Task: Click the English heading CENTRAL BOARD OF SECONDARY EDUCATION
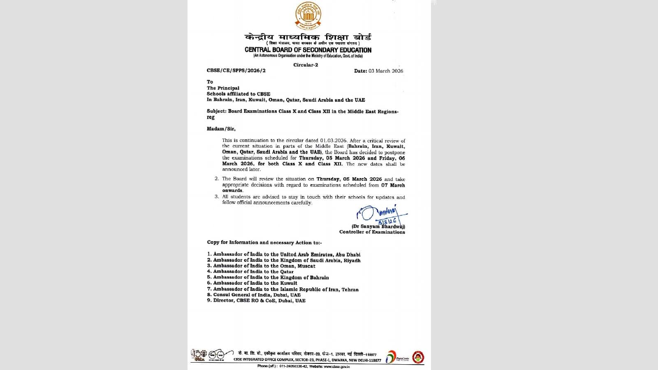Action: click(x=308, y=50)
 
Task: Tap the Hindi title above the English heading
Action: click(x=308, y=37)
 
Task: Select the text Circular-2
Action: click(x=306, y=65)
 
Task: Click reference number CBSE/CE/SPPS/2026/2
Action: click(x=236, y=71)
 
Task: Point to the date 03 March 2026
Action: click(x=386, y=71)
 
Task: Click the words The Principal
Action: click(x=223, y=88)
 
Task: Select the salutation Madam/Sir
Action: click(x=221, y=129)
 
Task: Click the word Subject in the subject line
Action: click(x=216, y=111)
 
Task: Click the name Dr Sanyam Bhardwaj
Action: click(x=378, y=227)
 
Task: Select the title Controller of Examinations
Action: click(x=372, y=232)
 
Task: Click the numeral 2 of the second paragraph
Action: click(x=216, y=179)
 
